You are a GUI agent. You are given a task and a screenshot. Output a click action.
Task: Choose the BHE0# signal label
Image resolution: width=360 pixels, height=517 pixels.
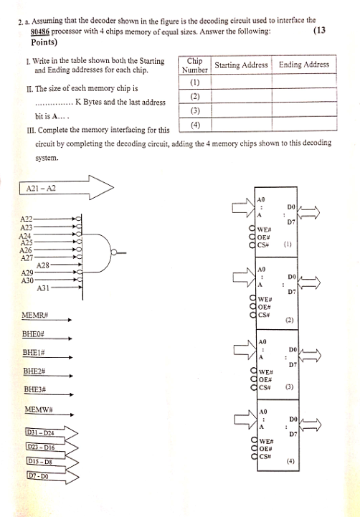pyautogui.click(x=34, y=335)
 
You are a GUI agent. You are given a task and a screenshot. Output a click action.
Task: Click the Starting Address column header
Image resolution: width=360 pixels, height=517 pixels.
pyautogui.click(x=242, y=65)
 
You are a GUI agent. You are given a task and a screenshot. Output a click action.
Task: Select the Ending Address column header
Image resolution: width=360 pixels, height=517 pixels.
pyautogui.click(x=304, y=65)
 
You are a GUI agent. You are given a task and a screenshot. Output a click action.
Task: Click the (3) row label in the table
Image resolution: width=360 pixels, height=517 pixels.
pyautogui.click(x=194, y=111)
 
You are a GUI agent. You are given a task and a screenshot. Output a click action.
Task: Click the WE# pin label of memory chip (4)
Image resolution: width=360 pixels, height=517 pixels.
pyautogui.click(x=263, y=441)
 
